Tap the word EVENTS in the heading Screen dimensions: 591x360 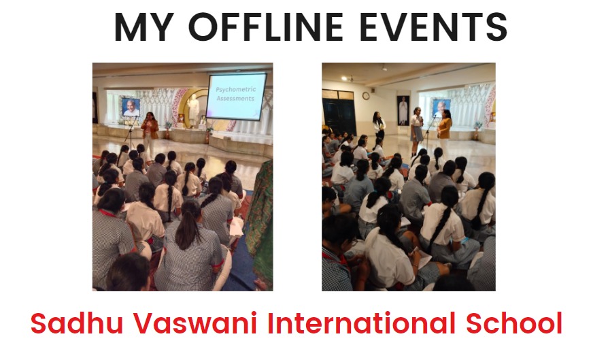(433, 27)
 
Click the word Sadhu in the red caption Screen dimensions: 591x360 (77, 323)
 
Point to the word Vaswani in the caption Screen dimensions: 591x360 (195, 323)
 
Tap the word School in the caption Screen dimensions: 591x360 (514, 323)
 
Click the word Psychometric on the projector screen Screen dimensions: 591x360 (235, 89)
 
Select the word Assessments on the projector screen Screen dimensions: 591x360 (235, 99)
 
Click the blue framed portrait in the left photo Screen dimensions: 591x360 (131, 107)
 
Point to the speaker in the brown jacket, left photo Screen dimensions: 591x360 (150, 133)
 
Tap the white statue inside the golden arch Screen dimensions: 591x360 (193, 110)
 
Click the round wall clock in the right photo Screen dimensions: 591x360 (366, 96)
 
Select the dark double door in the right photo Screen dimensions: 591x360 (339, 112)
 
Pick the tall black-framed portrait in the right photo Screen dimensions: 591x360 (403, 110)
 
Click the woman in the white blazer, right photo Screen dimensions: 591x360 (379, 127)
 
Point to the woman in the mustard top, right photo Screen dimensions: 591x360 (445, 132)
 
